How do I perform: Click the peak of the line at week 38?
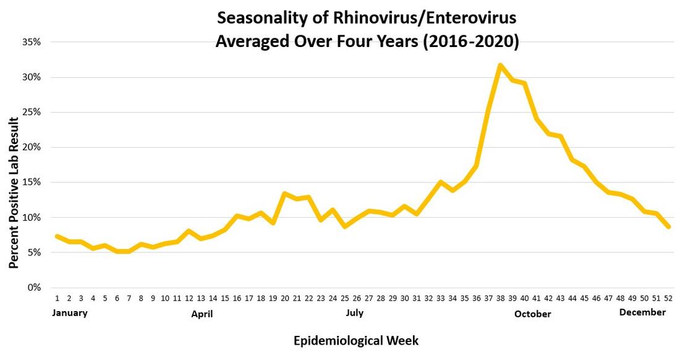[x=499, y=65]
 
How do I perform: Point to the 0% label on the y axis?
[x=35, y=288]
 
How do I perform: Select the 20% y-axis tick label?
[x=32, y=147]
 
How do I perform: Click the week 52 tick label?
[x=668, y=298]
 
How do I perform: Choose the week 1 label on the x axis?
[x=57, y=298]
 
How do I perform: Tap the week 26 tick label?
[x=357, y=298]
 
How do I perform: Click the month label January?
[x=70, y=313]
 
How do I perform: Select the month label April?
[x=202, y=314]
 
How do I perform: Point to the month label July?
[x=355, y=313]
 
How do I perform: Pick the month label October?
[x=532, y=314]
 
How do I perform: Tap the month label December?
[x=642, y=313]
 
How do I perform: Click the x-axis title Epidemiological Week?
[x=355, y=341]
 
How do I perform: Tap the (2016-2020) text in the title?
[x=471, y=43]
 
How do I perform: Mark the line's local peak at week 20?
[x=284, y=194]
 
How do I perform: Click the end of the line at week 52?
[x=668, y=227]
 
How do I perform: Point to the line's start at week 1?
[x=57, y=236]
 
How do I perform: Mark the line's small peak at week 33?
[x=441, y=182]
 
